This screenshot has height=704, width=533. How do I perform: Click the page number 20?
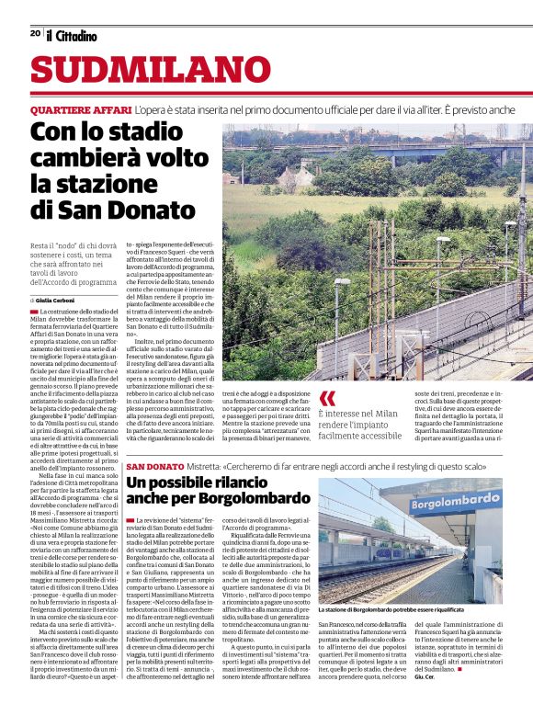click(x=35, y=33)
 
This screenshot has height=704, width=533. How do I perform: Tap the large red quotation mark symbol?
click(x=329, y=397)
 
